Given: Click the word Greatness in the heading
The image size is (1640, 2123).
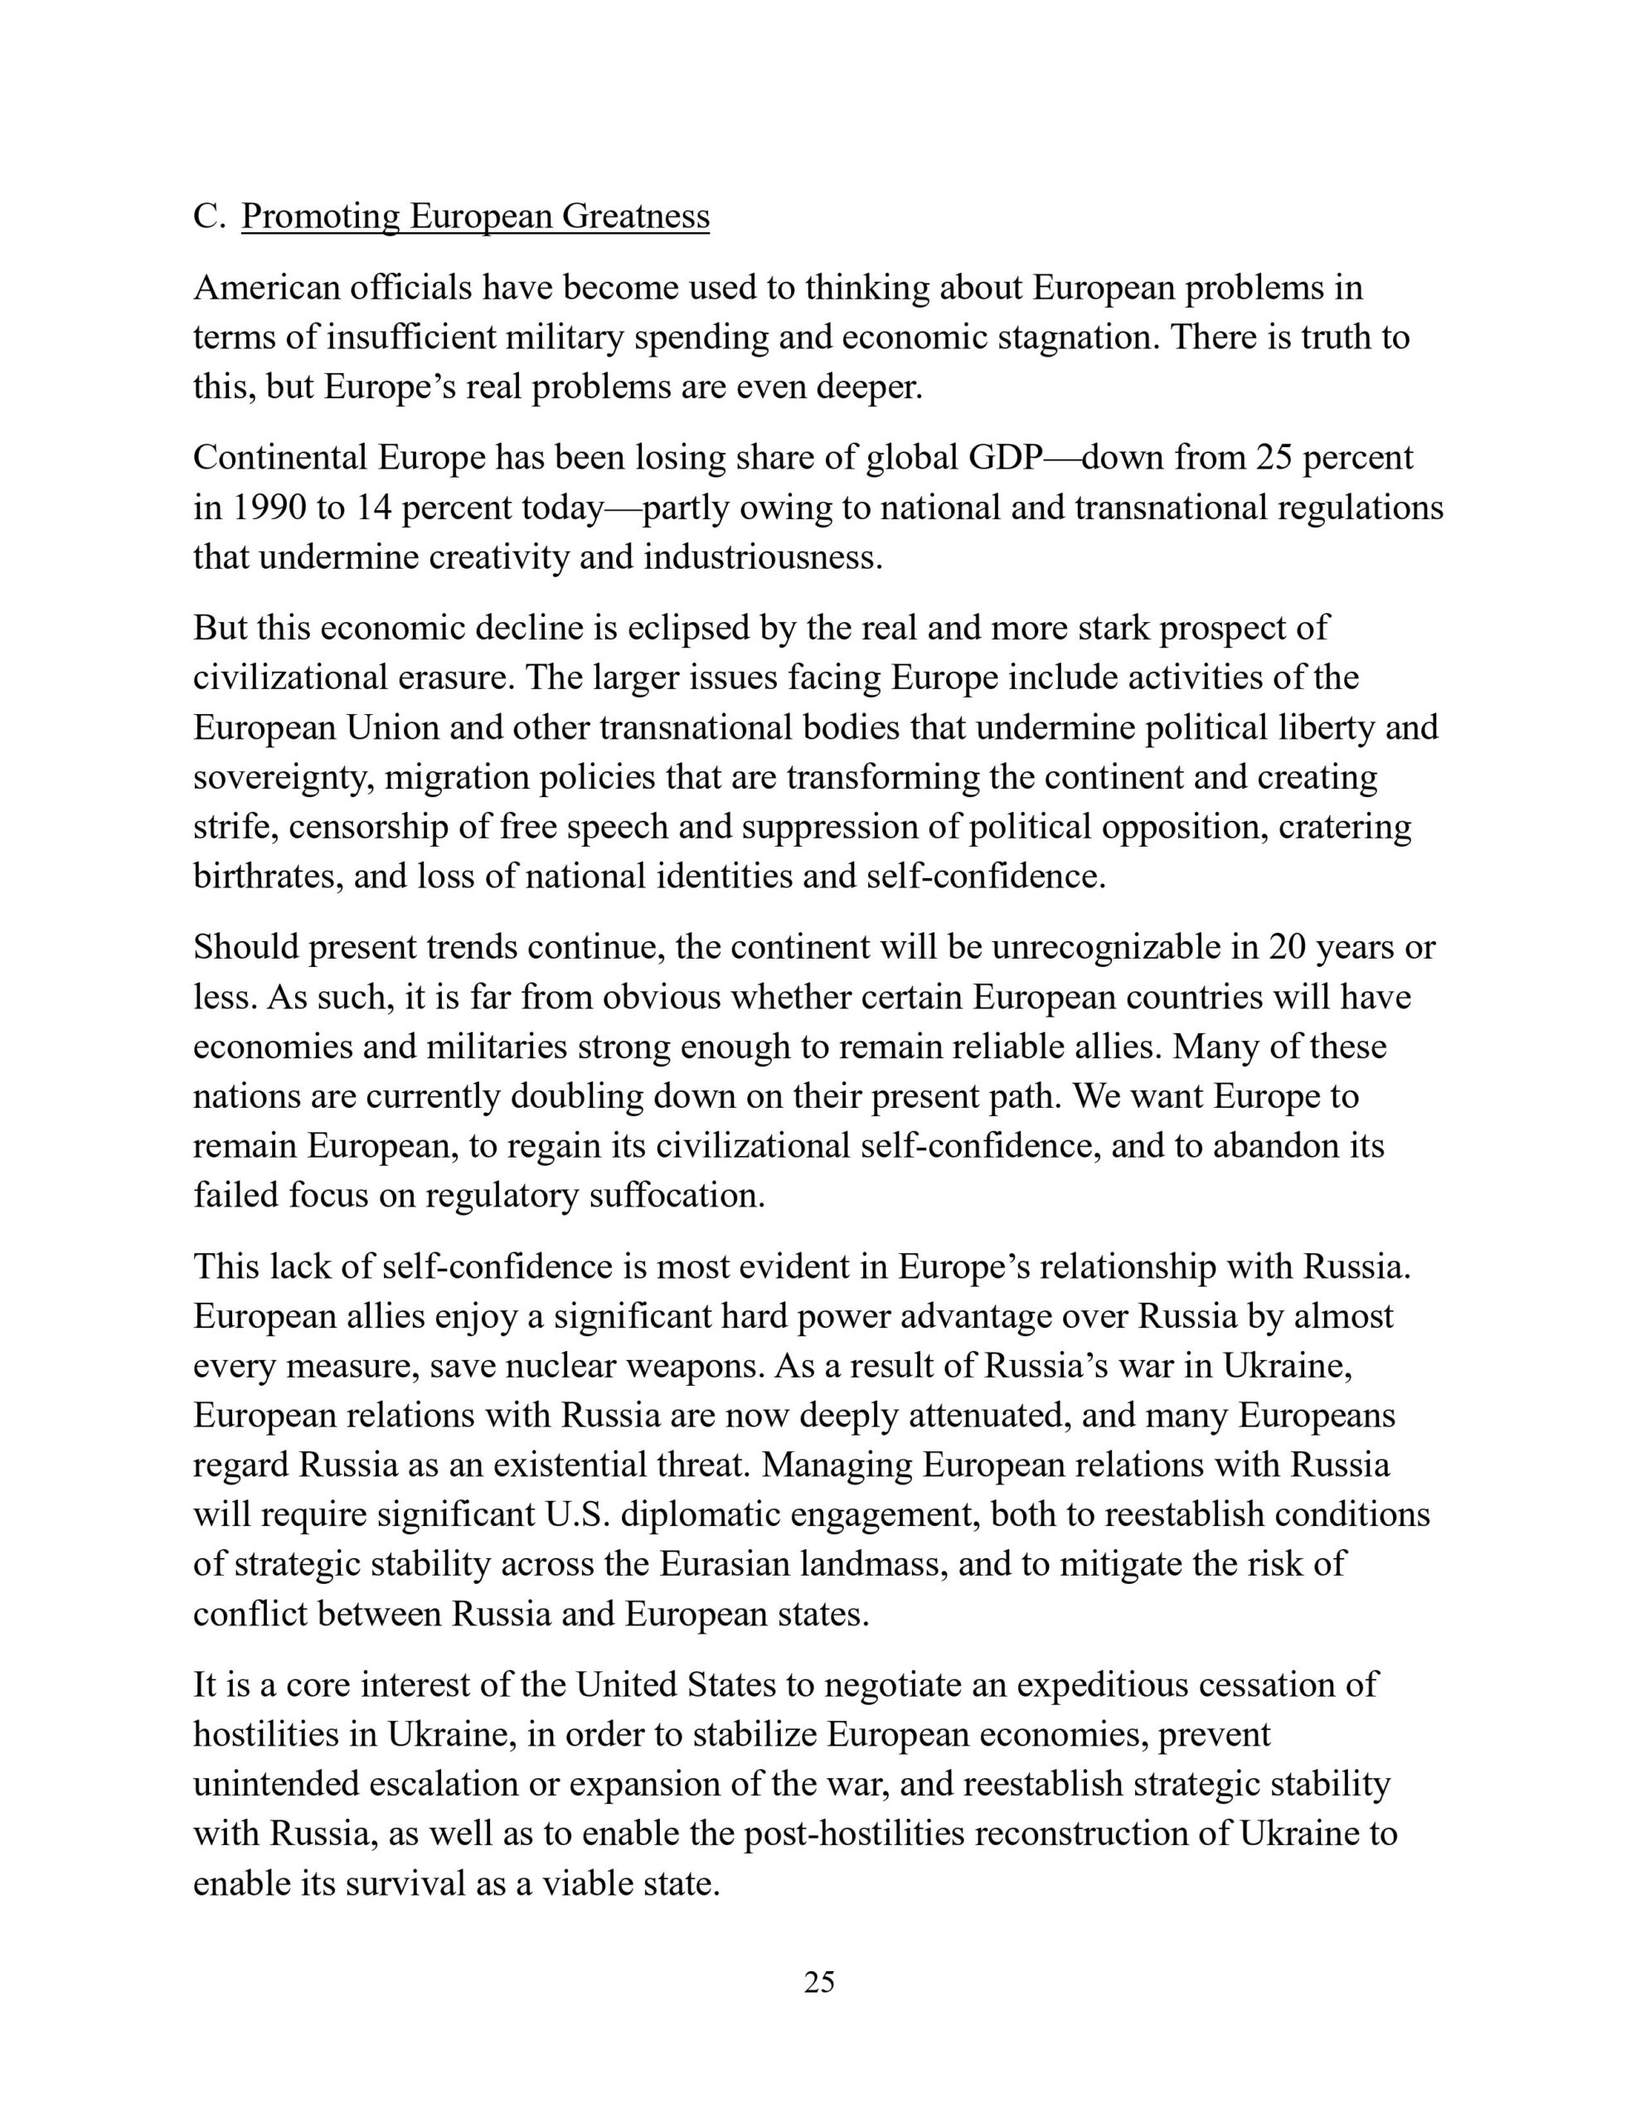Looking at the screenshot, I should [x=636, y=216].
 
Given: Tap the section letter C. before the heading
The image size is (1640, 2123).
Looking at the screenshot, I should [x=209, y=216].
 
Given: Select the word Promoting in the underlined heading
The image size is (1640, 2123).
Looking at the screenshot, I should [x=320, y=216].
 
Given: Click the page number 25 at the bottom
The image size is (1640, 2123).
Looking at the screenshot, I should [x=819, y=1981].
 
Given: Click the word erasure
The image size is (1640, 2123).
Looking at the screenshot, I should [x=453, y=678].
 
